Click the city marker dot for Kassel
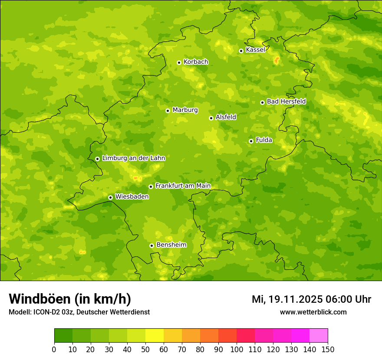click(x=241, y=51)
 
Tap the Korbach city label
click(x=196, y=62)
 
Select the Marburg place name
click(x=185, y=110)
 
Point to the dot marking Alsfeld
click(x=211, y=118)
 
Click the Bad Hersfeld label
click(x=286, y=101)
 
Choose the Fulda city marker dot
click(x=251, y=141)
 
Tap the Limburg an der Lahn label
click(x=133, y=158)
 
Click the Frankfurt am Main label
click(x=183, y=186)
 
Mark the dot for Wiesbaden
click(x=110, y=197)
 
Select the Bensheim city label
click(x=171, y=245)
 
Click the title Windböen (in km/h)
click(x=70, y=299)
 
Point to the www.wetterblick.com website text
click(x=313, y=312)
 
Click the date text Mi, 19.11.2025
click(x=286, y=299)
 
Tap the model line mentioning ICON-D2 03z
click(x=79, y=312)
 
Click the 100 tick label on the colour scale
click(x=237, y=349)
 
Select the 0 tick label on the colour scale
click(x=54, y=349)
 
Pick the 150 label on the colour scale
click(x=328, y=349)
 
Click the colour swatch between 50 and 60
click(x=155, y=336)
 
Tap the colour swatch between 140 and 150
click(x=319, y=336)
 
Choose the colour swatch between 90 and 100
click(x=227, y=336)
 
